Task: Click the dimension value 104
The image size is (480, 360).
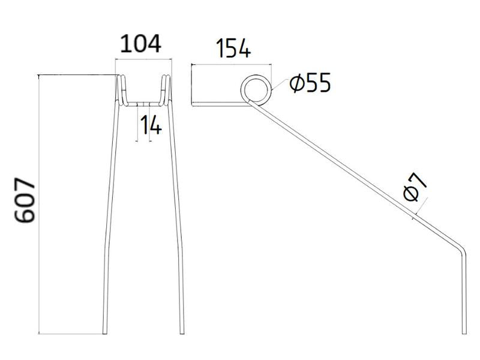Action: click(x=142, y=44)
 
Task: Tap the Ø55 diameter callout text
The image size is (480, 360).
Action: click(x=309, y=84)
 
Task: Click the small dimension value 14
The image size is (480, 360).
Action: click(x=151, y=125)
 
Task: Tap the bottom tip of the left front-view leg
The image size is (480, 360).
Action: click(x=106, y=332)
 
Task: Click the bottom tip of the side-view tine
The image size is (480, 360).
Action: click(x=463, y=332)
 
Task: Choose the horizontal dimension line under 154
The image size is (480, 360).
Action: click(x=231, y=63)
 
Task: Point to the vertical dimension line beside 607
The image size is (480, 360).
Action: click(x=39, y=204)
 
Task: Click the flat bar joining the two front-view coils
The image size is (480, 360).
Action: click(x=143, y=103)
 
